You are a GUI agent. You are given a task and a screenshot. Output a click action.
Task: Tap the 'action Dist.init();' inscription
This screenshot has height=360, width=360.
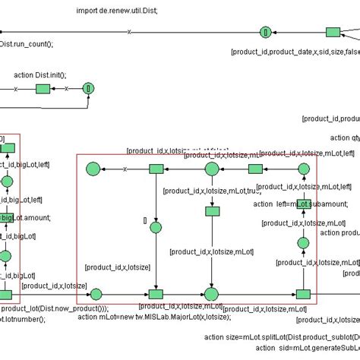[40, 75]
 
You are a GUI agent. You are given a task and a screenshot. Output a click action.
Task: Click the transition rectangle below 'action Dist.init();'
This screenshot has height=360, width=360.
[43, 89]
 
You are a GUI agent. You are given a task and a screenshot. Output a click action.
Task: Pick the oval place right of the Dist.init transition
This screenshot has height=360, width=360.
[89, 89]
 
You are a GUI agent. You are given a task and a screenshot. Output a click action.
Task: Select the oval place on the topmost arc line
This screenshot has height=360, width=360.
[265, 32]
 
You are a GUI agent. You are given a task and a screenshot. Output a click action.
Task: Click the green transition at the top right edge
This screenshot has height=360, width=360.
[333, 32]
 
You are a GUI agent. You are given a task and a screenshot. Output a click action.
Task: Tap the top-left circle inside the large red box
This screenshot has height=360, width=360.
[93, 169]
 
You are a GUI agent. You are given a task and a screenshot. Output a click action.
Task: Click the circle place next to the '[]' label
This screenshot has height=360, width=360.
[156, 226]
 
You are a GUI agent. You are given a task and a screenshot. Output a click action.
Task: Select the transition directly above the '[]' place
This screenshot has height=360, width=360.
[156, 169]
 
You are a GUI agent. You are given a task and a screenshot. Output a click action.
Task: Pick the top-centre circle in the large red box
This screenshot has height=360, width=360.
[212, 169]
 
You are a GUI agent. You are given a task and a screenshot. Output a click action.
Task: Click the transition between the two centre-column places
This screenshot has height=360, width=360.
[212, 212]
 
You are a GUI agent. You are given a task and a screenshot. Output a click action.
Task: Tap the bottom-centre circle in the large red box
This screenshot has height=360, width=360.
[212, 294]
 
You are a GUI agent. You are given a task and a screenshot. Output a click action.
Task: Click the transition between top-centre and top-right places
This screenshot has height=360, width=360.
[255, 169]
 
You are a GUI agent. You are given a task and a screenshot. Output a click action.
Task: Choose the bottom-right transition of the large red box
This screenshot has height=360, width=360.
[303, 294]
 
